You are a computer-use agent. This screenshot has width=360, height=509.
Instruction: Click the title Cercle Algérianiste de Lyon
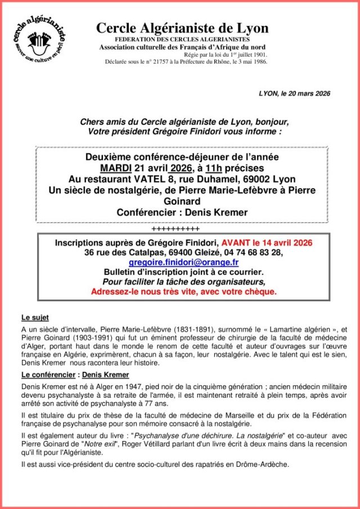(182, 28)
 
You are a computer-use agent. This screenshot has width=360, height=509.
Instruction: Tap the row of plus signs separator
(175, 229)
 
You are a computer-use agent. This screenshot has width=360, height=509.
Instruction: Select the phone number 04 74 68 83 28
(254, 253)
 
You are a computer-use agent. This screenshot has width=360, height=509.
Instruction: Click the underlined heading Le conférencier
(48, 374)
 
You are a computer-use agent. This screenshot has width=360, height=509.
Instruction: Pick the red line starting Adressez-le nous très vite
(183, 292)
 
